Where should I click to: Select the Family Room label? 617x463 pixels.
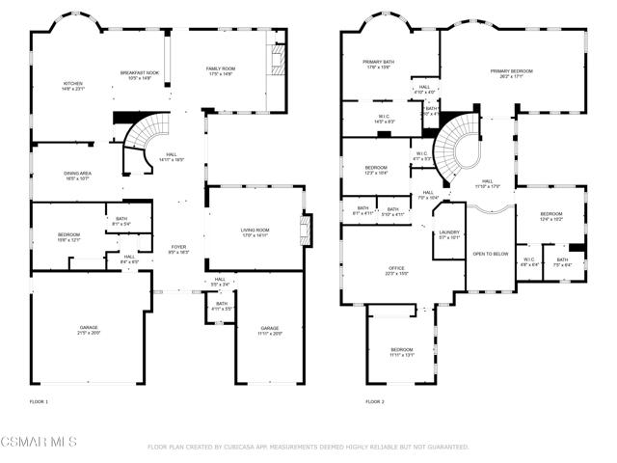click(x=221, y=70)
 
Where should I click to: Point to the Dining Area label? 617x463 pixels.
click(x=78, y=175)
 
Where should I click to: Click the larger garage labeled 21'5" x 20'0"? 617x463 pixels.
click(x=89, y=330)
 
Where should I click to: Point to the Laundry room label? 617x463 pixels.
click(x=449, y=233)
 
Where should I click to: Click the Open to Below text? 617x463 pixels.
click(x=490, y=254)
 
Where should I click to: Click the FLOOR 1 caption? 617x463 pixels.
click(x=39, y=401)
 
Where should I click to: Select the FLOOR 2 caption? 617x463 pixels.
click(x=375, y=401)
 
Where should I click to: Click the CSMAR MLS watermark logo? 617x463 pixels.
click(x=40, y=443)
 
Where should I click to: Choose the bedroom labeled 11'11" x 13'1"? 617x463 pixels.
click(x=401, y=351)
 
